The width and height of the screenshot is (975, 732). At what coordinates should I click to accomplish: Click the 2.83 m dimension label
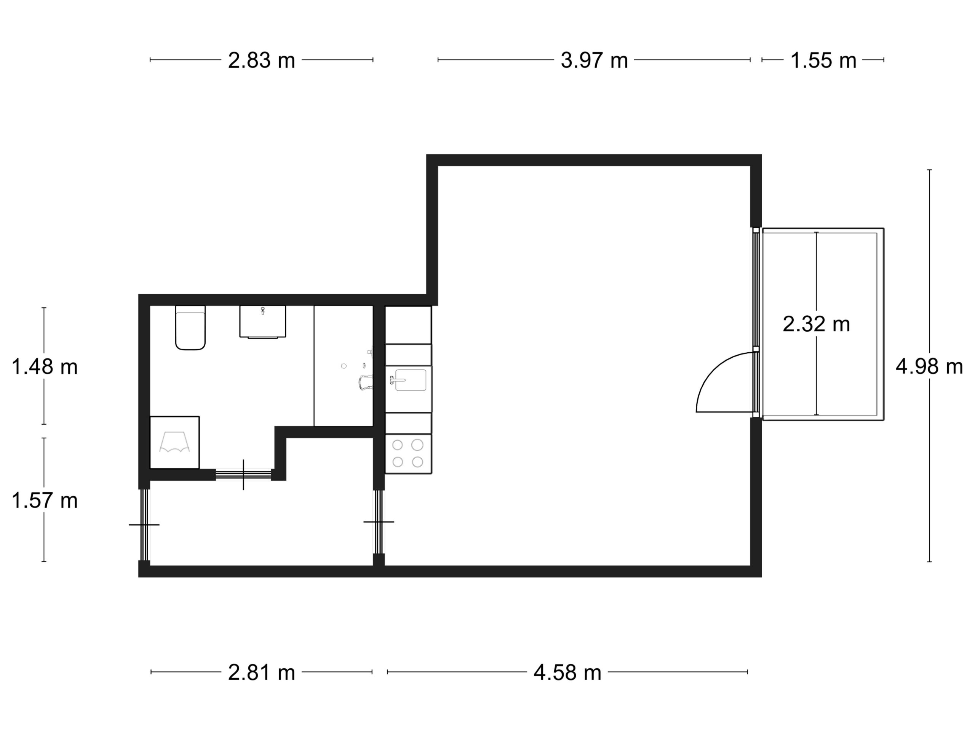(x=261, y=61)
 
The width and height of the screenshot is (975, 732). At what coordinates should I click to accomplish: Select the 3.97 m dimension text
(x=594, y=61)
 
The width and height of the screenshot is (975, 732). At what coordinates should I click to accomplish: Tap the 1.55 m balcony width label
(x=823, y=61)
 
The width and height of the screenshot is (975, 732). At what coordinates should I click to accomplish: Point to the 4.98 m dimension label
(x=929, y=367)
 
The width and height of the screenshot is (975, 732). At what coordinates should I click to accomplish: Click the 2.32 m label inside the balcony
(x=816, y=324)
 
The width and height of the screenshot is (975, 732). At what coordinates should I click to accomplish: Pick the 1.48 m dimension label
(x=45, y=367)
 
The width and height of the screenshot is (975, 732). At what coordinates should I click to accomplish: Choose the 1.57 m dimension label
(x=45, y=501)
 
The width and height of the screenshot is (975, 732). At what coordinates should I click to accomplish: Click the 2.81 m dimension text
(x=261, y=673)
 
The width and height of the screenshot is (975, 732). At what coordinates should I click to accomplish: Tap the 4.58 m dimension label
(x=567, y=673)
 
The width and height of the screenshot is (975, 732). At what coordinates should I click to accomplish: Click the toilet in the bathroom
(x=190, y=327)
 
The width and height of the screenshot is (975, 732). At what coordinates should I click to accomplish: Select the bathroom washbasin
(x=263, y=322)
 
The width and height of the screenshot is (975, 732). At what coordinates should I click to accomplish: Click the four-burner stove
(x=408, y=454)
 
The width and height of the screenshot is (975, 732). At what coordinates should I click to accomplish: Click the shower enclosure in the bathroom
(x=344, y=366)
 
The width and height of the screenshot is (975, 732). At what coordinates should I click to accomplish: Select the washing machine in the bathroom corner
(x=174, y=443)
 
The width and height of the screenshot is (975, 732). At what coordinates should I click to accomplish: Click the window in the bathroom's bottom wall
(x=243, y=475)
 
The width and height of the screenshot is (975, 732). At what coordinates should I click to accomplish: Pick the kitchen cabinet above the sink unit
(x=408, y=325)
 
